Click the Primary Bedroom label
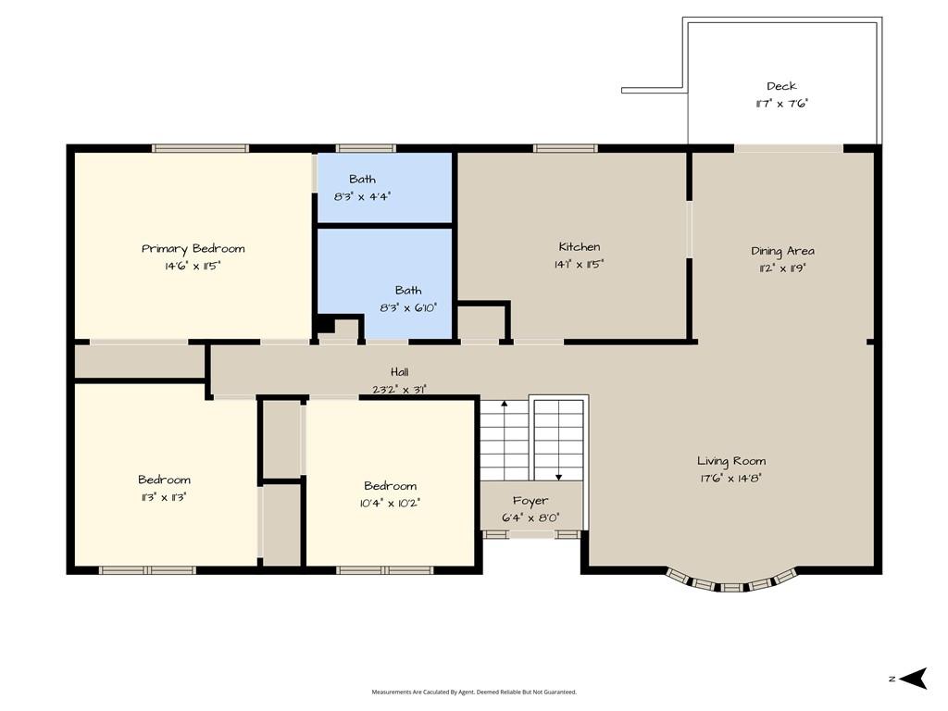(x=193, y=248)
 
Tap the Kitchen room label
(x=580, y=246)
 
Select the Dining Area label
(x=782, y=251)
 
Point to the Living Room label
(x=731, y=461)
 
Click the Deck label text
(x=781, y=86)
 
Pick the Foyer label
(x=530, y=501)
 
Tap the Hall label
(x=399, y=372)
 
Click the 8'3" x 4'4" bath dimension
(x=362, y=196)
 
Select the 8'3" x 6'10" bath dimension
(x=408, y=307)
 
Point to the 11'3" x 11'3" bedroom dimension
(x=163, y=497)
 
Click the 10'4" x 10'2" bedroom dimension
(x=390, y=503)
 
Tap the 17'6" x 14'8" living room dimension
(x=731, y=479)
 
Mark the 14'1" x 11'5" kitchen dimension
(x=579, y=264)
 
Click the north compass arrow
(x=913, y=679)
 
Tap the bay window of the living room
(x=731, y=580)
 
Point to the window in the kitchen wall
(x=566, y=148)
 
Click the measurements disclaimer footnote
(x=474, y=692)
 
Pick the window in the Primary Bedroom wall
(x=200, y=148)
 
